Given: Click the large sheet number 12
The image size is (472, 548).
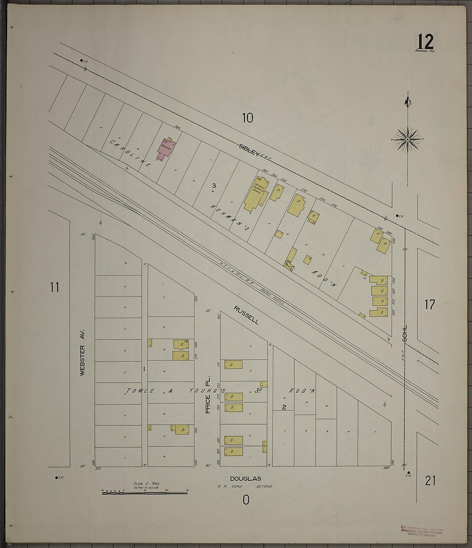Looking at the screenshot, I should [425, 42].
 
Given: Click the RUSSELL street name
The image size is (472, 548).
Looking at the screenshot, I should [246, 314].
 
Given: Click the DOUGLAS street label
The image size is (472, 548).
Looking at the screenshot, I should [245, 479].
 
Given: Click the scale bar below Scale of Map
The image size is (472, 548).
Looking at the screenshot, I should [145, 493].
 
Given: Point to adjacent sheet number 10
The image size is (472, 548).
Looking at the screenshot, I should [248, 117].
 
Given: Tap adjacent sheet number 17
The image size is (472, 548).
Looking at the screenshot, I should [430, 305].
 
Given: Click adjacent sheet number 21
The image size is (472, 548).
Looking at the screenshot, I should [430, 481].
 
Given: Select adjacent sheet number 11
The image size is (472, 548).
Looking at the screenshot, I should [54, 287].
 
